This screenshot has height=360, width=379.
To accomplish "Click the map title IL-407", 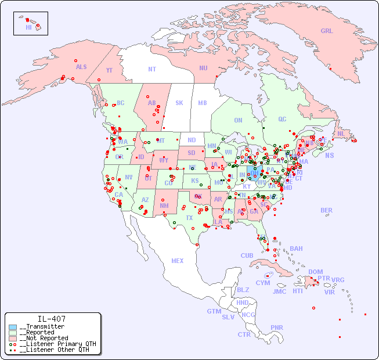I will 52,319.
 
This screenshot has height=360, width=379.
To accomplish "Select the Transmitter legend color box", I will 13,326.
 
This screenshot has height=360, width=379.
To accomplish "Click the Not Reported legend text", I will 44,338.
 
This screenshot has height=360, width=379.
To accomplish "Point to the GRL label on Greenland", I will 327,31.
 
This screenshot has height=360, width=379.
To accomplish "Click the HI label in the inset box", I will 28,27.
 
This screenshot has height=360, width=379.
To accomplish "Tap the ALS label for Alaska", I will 81,67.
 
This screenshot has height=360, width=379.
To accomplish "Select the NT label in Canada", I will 152,69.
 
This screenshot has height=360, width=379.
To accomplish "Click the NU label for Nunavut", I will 203,68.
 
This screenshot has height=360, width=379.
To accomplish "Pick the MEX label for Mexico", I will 178,261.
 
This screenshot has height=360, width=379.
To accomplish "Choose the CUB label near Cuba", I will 247,255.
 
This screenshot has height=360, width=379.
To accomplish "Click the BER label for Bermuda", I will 327,210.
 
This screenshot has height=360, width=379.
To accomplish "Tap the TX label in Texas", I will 189,218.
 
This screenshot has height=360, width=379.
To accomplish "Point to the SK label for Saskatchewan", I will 179,103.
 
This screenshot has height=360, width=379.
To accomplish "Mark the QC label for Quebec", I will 282,119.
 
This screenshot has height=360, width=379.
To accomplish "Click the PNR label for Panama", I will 277,327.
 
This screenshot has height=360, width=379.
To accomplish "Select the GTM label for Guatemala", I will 214,311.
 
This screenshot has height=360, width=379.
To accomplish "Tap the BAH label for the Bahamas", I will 296,249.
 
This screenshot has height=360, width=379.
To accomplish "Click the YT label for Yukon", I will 109,70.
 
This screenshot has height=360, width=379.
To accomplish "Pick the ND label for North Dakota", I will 192,140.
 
